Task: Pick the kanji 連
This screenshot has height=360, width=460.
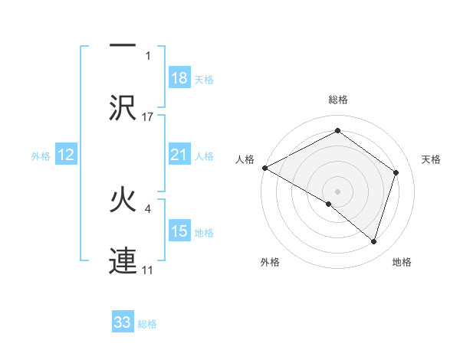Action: point(122,260)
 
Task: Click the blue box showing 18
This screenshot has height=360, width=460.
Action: point(179,78)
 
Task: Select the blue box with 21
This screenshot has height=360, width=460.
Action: point(179,155)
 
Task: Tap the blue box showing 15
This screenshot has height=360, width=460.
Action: point(179,231)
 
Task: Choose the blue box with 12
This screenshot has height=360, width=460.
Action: point(66,155)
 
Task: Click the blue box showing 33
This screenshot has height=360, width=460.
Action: point(123,322)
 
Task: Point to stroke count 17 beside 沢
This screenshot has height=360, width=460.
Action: point(148,117)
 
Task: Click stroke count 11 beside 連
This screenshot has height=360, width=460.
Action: point(148,270)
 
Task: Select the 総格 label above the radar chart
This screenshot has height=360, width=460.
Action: point(337,100)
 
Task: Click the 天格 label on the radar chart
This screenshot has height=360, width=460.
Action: point(432,159)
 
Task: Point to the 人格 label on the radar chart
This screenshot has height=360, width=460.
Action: point(245,159)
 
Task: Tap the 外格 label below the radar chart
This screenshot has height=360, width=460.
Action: point(270,262)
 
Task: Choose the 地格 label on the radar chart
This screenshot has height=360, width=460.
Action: point(402,262)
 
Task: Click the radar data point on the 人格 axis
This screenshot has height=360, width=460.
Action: point(264,168)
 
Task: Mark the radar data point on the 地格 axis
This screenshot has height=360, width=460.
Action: point(373,241)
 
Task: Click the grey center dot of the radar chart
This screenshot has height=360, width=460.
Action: point(337,191)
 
